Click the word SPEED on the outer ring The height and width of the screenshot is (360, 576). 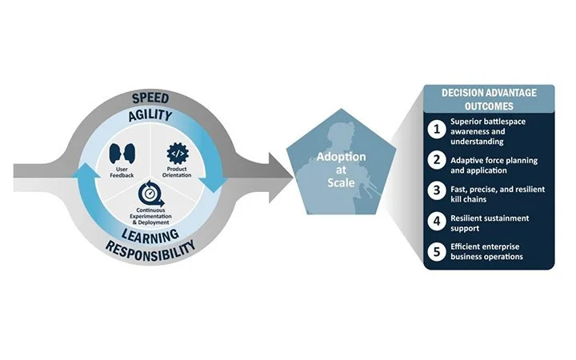pyautogui.click(x=150, y=98)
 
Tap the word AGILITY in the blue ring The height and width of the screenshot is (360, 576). pyautogui.click(x=150, y=116)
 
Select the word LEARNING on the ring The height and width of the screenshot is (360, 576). pyautogui.click(x=150, y=235)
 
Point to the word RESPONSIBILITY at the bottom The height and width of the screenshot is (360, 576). pyautogui.click(x=150, y=250)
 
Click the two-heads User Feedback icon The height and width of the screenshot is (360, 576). pyautogui.click(x=122, y=154)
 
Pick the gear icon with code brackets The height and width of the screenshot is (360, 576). pyautogui.click(x=178, y=154)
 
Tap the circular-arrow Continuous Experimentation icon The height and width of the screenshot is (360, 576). pyautogui.click(x=150, y=194)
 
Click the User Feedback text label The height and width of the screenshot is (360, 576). pyautogui.click(x=122, y=172)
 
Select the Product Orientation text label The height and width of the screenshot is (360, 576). pyautogui.click(x=177, y=172)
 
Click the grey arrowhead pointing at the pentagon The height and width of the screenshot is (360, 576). pyautogui.click(x=281, y=178)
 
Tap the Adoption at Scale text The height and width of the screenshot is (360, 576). pyautogui.click(x=341, y=170)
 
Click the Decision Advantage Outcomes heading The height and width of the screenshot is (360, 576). pyautogui.click(x=489, y=99)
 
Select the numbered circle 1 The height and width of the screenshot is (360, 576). pyautogui.click(x=437, y=130)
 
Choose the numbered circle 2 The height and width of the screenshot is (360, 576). pyautogui.click(x=437, y=160)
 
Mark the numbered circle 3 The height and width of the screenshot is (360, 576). pyautogui.click(x=437, y=190)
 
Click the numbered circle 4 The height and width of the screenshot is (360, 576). pyautogui.click(x=437, y=222)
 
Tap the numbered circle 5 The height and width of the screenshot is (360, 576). pyautogui.click(x=437, y=252)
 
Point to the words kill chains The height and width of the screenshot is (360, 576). pyautogui.click(x=468, y=199)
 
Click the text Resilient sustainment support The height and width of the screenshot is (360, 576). pyautogui.click(x=490, y=223)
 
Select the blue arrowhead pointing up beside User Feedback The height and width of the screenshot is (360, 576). pyautogui.click(x=86, y=172)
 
